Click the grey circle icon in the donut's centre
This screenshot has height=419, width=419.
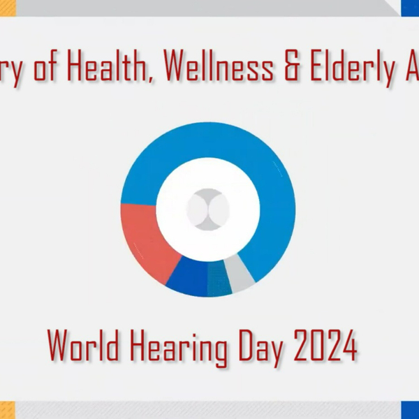(208, 209)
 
